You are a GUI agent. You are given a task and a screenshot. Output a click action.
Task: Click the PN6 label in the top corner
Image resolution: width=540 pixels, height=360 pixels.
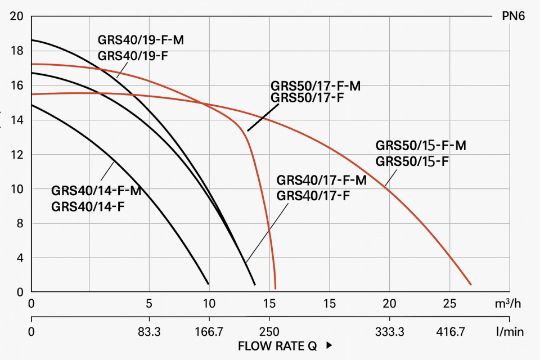pyautogui.click(x=513, y=16)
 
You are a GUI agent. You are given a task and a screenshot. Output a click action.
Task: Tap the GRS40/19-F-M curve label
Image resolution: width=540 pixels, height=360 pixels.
pyautogui.click(x=141, y=40)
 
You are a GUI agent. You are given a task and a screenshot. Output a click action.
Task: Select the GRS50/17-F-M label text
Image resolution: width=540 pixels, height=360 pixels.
pyautogui.click(x=316, y=87)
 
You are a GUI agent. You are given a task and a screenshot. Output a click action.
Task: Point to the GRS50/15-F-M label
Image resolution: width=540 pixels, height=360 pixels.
pyautogui.click(x=421, y=146)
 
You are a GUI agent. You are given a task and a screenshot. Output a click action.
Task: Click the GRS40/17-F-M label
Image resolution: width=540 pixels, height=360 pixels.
pyautogui.click(x=322, y=181)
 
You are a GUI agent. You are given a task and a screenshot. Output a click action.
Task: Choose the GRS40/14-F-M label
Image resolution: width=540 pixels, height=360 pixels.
pyautogui.click(x=96, y=191)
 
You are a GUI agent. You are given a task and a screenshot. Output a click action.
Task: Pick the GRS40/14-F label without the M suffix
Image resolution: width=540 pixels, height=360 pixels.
pyautogui.click(x=87, y=206)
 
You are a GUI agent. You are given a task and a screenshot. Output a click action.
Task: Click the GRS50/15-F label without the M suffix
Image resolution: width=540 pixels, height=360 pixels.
pyautogui.click(x=412, y=161)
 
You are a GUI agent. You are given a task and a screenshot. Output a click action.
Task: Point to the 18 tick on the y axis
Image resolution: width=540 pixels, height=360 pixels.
pyautogui.click(x=17, y=51)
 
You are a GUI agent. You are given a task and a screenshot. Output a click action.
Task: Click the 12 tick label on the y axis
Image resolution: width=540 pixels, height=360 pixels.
pyautogui.click(x=17, y=155)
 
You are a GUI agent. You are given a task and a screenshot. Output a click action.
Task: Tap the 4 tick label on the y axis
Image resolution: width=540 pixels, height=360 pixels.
pyautogui.click(x=20, y=258)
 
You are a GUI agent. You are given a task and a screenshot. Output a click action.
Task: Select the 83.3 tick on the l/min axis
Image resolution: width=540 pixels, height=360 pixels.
pyautogui.click(x=149, y=332)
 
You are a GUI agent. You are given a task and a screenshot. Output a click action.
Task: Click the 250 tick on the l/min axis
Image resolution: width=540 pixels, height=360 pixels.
pyautogui.click(x=269, y=332)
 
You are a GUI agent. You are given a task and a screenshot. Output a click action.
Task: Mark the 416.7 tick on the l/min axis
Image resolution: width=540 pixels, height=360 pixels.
pyautogui.click(x=450, y=332)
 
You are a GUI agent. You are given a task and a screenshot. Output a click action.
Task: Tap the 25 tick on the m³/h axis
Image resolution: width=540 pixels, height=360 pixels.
pyautogui.click(x=449, y=304)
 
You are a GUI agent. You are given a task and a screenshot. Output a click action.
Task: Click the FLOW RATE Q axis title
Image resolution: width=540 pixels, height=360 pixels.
pyautogui.click(x=277, y=345)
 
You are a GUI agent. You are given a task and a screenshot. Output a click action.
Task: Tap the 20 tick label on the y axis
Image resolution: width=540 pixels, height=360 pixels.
pyautogui.click(x=17, y=16)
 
